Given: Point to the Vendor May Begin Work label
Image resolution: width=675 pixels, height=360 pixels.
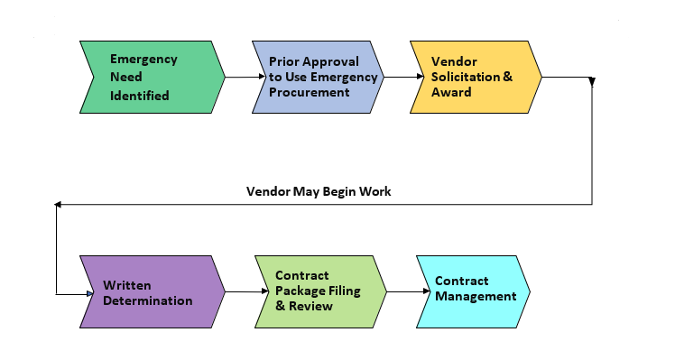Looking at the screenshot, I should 319,191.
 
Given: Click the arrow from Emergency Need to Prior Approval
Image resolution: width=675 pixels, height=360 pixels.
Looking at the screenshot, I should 238,77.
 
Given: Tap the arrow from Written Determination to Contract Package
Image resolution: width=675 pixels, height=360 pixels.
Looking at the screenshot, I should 238,291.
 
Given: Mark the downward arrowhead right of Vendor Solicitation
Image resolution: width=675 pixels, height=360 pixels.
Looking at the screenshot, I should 592,82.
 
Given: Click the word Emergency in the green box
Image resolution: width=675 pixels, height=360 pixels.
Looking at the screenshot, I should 143,60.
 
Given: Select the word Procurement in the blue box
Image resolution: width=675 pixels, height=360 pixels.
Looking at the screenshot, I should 309,92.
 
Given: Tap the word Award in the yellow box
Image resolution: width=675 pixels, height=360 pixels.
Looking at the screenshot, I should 451,92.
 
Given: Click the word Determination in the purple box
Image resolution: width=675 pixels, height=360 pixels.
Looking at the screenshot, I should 147,300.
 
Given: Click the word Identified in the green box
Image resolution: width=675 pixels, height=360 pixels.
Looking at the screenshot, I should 139,95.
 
